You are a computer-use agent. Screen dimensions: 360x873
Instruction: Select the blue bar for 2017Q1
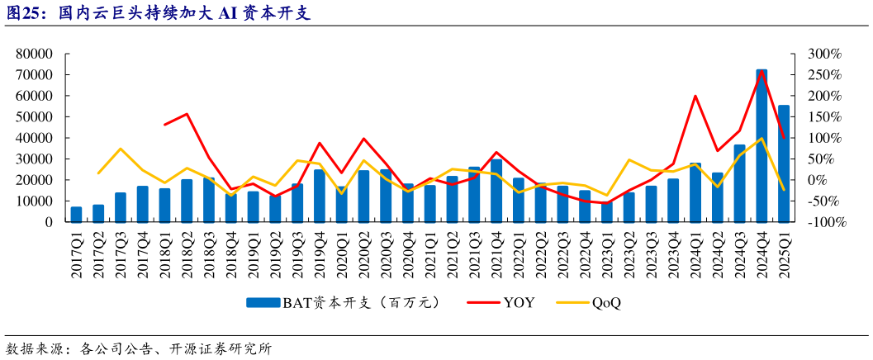pyautogui.click(x=76, y=215)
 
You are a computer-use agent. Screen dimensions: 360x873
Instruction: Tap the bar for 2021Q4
pyautogui.click(x=496, y=191)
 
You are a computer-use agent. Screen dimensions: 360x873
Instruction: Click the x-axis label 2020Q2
pyautogui.click(x=363, y=254)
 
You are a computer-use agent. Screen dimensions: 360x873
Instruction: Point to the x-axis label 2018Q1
pyautogui.click(x=164, y=254)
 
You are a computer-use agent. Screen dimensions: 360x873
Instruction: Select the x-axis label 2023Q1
pyautogui.click(x=607, y=254)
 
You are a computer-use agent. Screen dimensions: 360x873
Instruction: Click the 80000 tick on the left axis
pyautogui.click(x=34, y=54)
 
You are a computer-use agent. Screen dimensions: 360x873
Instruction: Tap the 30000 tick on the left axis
pyautogui.click(x=34, y=159)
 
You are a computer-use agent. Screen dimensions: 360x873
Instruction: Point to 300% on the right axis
pyautogui.click(x=824, y=54)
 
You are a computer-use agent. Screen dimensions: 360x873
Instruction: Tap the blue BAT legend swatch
pyautogui.click(x=263, y=303)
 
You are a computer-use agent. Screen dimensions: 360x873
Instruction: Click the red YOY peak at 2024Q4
pyautogui.click(x=762, y=72)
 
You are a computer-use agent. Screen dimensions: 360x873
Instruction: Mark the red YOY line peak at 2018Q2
pyautogui.click(x=187, y=114)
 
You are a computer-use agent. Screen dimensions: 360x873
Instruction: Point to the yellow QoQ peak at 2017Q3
pyautogui.click(x=121, y=149)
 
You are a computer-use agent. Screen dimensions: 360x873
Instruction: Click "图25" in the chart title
pyautogui.click(x=25, y=14)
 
